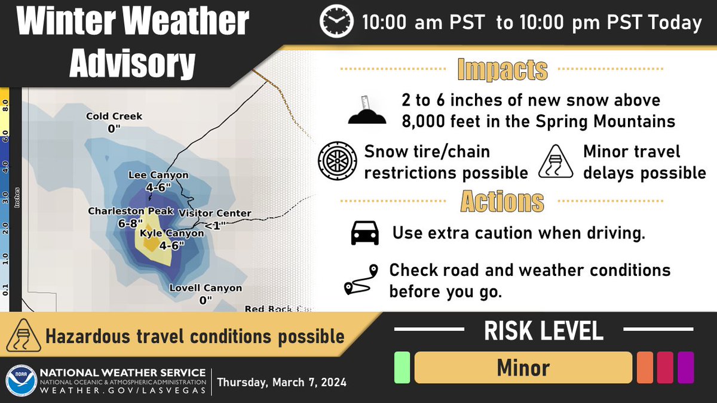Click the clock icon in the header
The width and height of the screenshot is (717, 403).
pos(336,22)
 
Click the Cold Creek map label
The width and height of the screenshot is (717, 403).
pos(114,116)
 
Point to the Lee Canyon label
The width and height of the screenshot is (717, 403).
pos(158,176)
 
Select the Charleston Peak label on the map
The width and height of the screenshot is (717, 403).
pos(131,211)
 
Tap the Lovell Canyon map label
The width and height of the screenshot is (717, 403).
pos(206,288)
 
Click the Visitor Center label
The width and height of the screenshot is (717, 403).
pos(215,214)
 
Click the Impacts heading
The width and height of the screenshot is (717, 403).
pos(502,70)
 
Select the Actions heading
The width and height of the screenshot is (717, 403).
pos(502,202)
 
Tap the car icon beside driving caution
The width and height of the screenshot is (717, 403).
pos(364,233)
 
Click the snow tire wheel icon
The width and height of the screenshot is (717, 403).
pos(337,161)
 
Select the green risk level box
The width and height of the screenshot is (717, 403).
pos(402,367)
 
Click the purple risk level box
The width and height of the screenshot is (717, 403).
pos(685,367)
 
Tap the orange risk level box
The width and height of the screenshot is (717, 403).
pos(645,367)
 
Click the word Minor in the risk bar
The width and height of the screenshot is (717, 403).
pos(523,368)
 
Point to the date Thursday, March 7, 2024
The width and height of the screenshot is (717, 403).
pos(281,382)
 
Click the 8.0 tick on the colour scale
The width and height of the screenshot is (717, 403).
pos(5,106)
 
